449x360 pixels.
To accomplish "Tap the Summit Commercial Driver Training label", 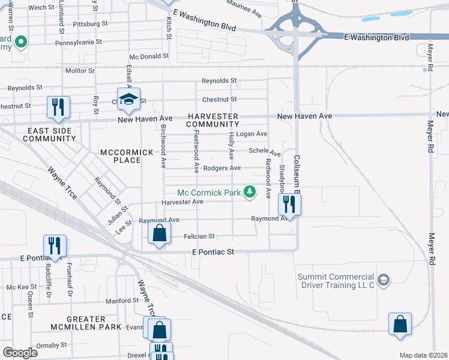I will [x=336, y=280].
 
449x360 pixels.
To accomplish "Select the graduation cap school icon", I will [x=129, y=100].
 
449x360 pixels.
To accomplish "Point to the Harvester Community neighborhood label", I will [x=212, y=120].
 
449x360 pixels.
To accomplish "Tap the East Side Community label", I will [x=49, y=134].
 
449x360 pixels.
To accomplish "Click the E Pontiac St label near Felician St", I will [x=212, y=253].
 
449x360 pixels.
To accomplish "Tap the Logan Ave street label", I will [x=251, y=134].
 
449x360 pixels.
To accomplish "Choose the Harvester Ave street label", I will [x=182, y=202].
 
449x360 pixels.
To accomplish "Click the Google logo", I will [x=20, y=353].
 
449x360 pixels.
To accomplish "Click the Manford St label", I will [x=122, y=301].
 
